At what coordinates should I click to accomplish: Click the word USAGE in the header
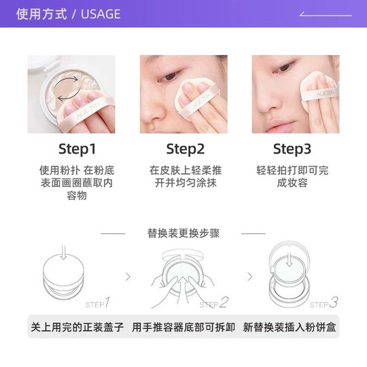pos(100,14)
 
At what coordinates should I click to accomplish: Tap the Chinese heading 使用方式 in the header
pos(41,14)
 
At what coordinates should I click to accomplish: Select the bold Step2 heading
pos(185,149)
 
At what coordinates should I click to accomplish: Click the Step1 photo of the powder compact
pos(71,94)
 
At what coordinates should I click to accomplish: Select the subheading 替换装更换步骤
pos(183,233)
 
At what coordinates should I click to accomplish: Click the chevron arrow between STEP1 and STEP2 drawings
pos(128,277)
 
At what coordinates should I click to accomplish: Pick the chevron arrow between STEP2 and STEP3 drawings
pos(249,277)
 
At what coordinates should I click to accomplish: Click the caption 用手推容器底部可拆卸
pos(183,328)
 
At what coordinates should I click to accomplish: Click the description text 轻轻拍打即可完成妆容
pos(292,176)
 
